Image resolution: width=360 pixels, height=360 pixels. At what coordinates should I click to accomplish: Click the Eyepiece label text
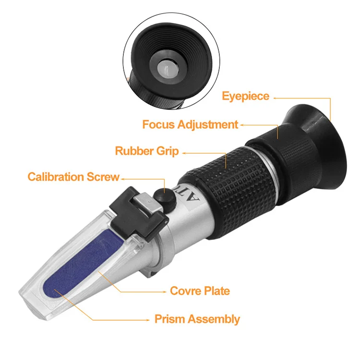click(x=245, y=96)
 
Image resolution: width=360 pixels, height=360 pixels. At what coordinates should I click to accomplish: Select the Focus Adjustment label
click(x=190, y=125)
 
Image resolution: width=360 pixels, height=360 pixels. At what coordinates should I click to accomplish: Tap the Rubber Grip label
click(x=146, y=151)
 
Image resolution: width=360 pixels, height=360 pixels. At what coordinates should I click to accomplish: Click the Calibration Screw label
click(x=73, y=177)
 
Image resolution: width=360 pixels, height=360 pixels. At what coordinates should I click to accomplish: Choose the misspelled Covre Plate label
click(x=200, y=291)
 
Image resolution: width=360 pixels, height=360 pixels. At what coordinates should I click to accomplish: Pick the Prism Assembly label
click(x=197, y=319)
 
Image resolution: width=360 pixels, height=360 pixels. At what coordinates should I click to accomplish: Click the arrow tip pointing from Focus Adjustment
click(x=242, y=125)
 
